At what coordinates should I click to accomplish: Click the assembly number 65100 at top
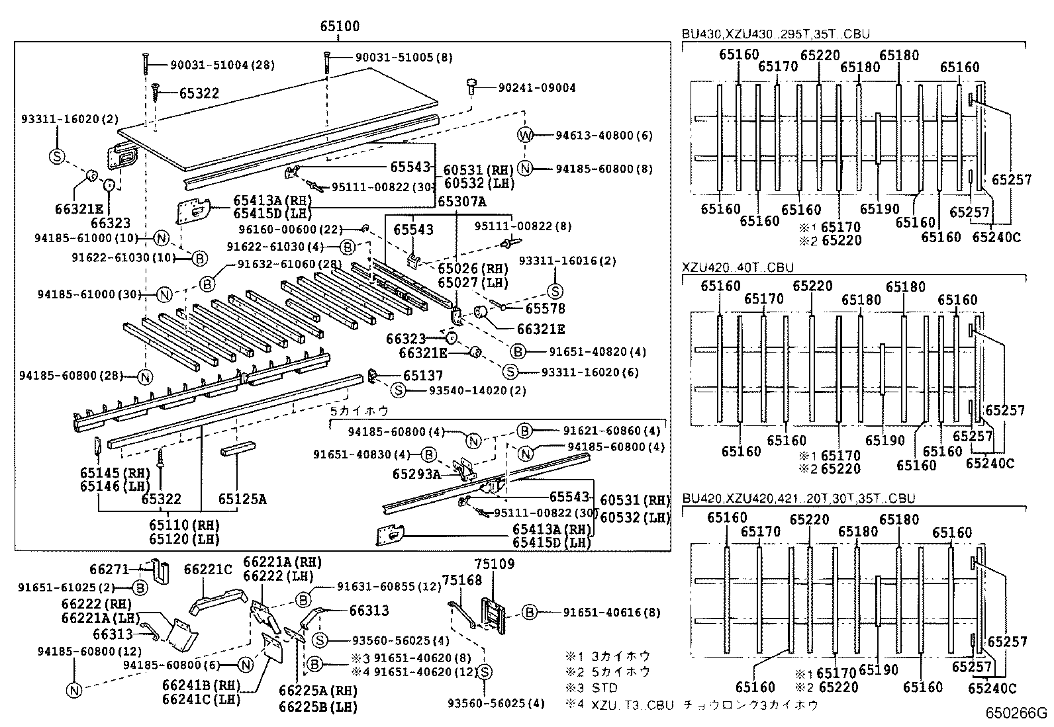point(339,26)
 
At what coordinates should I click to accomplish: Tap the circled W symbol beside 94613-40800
point(524,135)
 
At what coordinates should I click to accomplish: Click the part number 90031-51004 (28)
point(222,65)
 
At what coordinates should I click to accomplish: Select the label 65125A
point(242,499)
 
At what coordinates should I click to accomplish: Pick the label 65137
point(423,376)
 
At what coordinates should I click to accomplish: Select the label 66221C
point(207,569)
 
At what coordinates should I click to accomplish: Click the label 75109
point(494,564)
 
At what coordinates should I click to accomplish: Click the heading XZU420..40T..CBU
point(737,267)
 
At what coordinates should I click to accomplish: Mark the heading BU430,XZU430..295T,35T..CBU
point(775,34)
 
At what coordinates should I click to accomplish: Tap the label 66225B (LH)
point(318,706)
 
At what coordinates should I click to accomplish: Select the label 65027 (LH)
point(473,282)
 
